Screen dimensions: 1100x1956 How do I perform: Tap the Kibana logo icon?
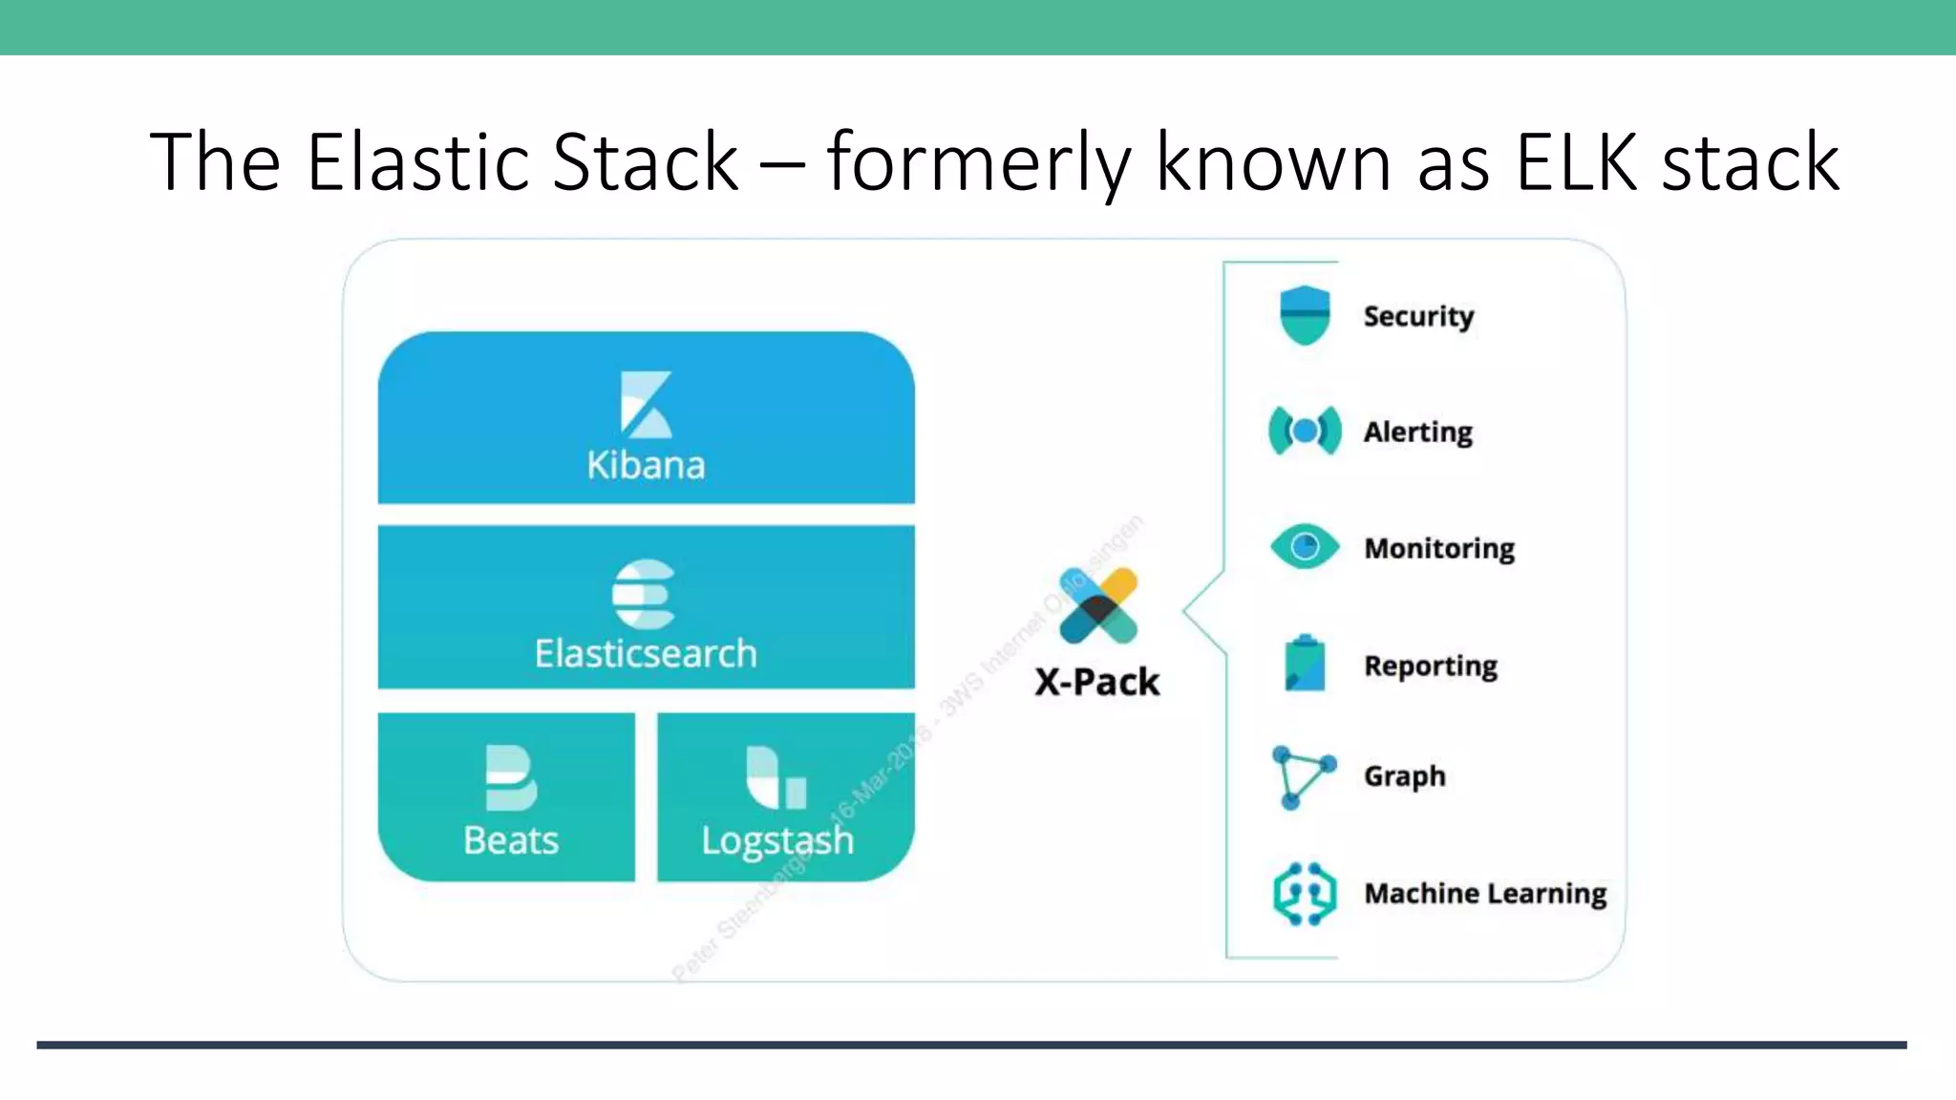tap(646, 404)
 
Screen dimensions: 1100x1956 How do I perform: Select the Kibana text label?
tap(646, 465)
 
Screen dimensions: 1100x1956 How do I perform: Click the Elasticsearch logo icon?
tap(644, 594)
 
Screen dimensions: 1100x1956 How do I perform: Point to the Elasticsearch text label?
tap(646, 654)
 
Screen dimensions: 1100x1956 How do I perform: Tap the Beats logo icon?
tap(510, 777)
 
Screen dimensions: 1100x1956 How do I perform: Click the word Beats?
tap(511, 841)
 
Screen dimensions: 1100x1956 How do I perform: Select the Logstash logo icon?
tap(776, 777)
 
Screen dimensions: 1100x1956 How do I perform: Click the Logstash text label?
tap(776, 841)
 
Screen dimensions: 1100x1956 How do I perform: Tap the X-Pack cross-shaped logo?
tap(1098, 605)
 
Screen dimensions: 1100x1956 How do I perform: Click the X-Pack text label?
tap(1097, 682)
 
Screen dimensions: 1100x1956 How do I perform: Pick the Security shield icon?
tap(1305, 315)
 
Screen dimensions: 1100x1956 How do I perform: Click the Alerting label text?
tap(1417, 433)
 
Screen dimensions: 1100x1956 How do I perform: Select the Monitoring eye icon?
tap(1305, 547)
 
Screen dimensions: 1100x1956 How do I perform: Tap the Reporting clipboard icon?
tap(1305, 664)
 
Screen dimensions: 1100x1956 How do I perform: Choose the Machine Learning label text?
tap(1485, 894)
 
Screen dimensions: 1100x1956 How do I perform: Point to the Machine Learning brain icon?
tap(1305, 894)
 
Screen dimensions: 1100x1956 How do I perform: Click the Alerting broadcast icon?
tap(1305, 432)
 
